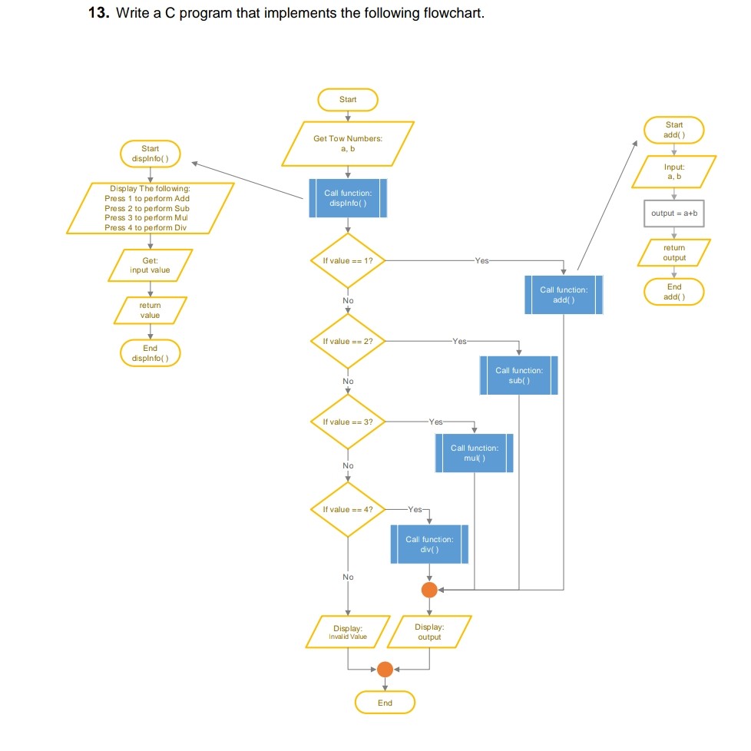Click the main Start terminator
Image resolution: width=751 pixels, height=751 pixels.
tap(348, 100)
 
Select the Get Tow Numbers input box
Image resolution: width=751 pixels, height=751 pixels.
tap(348, 144)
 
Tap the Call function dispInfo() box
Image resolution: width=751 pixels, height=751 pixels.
tap(348, 198)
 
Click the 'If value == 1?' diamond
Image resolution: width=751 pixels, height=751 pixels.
tap(348, 261)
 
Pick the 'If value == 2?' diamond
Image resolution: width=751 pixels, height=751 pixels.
tap(348, 341)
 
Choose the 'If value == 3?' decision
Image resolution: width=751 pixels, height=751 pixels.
tap(348, 422)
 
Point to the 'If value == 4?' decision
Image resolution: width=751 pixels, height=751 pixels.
tap(348, 509)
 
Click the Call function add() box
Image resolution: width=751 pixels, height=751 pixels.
tap(564, 295)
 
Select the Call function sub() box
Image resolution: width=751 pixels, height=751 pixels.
tap(519, 375)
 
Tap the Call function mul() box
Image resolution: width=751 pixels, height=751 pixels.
tap(474, 453)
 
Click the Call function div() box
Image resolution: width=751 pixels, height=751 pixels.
tap(429, 544)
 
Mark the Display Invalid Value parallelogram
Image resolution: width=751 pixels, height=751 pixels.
tap(348, 632)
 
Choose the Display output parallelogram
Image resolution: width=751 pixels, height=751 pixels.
tap(429, 632)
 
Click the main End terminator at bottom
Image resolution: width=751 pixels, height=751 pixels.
tap(385, 703)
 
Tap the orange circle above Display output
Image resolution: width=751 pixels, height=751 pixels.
tap(429, 590)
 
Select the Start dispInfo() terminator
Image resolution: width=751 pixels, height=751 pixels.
tap(151, 154)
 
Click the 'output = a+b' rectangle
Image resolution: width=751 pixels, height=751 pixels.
tap(674, 213)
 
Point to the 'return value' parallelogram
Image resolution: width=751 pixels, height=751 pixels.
tap(151, 310)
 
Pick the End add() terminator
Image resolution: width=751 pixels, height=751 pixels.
tap(674, 292)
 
